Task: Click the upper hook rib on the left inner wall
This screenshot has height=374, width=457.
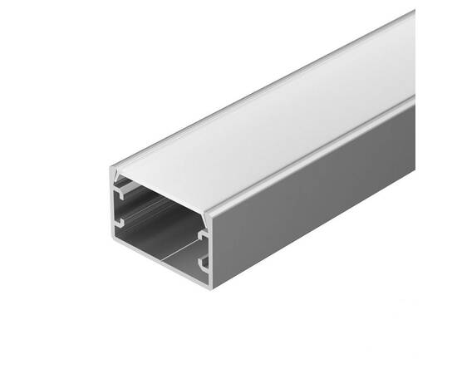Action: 122,193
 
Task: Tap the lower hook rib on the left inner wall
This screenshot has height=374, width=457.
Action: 122,223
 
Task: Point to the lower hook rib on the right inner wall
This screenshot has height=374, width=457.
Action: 202,264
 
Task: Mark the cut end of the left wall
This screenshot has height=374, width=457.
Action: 114,208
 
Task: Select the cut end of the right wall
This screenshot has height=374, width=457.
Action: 209,249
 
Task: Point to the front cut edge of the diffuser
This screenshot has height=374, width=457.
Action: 162,191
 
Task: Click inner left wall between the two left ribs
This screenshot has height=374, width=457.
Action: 125,208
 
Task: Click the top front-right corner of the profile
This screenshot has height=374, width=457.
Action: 209,213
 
